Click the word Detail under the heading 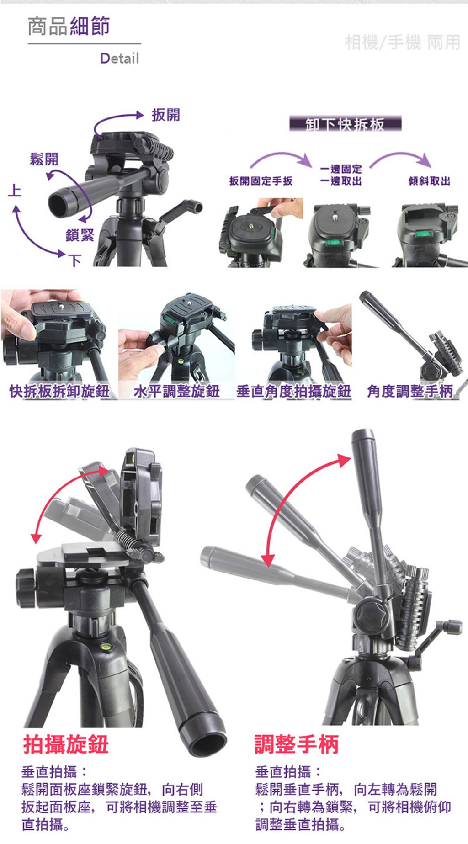(119, 58)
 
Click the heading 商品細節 (69, 26)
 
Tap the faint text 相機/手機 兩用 (402, 42)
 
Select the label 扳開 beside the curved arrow (166, 115)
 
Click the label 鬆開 (44, 159)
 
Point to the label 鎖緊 (80, 235)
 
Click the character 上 (14, 190)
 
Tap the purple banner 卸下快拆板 (346, 124)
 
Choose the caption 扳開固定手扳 (261, 181)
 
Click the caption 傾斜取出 (429, 181)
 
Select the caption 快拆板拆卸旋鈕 (59, 391)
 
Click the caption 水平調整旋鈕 (176, 391)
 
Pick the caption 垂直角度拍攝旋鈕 (293, 391)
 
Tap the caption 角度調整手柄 (410, 391)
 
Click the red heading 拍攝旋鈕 (66, 744)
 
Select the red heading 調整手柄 (297, 744)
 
